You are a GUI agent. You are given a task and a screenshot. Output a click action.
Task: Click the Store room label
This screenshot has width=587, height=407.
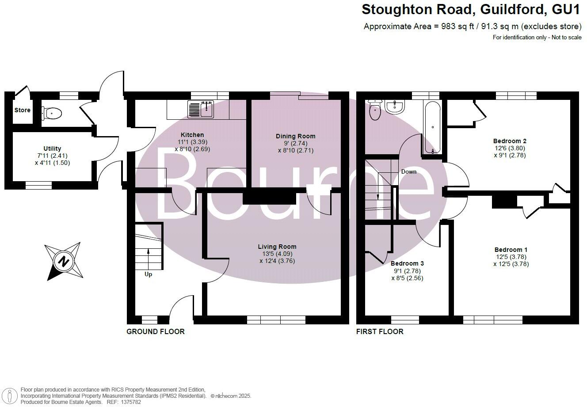click(22, 110)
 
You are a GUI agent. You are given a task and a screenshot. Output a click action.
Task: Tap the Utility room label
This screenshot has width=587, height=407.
click(52, 148)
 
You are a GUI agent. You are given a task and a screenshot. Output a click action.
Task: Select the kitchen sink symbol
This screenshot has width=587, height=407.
click(201, 109)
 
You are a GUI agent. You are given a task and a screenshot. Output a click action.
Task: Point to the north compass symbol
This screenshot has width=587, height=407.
click(64, 261)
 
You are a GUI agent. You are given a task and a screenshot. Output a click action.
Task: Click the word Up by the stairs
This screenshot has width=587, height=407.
click(149, 274)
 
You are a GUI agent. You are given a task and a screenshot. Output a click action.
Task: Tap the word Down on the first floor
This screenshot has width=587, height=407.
click(408, 171)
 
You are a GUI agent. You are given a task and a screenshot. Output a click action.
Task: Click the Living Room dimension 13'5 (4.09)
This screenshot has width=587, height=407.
click(277, 254)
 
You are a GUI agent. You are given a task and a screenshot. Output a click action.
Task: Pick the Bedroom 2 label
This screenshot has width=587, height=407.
click(510, 141)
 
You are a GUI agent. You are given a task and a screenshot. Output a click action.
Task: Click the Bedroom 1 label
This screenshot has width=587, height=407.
click(511, 249)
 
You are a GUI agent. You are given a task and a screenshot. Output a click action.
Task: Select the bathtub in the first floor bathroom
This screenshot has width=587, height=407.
click(432, 127)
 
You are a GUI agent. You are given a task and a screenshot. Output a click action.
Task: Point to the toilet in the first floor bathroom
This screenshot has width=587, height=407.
click(375, 110)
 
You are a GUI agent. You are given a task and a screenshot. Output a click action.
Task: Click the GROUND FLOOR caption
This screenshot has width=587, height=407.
click(156, 331)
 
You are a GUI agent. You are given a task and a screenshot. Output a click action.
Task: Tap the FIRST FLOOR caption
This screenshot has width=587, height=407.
click(380, 331)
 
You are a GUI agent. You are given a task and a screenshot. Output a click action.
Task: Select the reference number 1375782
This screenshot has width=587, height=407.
click(130, 402)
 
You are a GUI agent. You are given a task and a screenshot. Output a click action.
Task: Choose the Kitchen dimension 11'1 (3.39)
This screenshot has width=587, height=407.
click(192, 142)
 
